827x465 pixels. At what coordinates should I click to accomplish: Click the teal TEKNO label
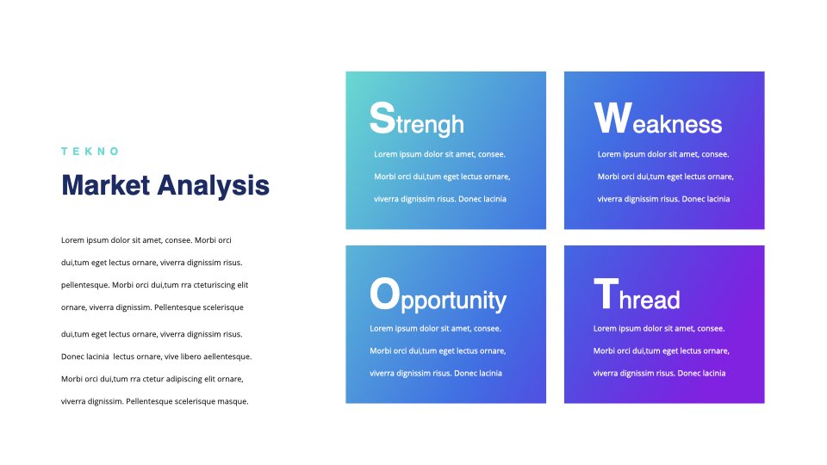[x=90, y=152]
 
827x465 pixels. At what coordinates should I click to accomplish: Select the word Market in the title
[x=105, y=185]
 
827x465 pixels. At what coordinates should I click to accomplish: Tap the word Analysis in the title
[x=213, y=186]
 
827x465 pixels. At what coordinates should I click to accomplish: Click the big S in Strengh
[x=382, y=118]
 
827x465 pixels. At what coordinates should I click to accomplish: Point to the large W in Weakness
[x=612, y=118]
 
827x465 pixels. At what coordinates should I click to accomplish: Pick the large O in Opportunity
[x=384, y=294]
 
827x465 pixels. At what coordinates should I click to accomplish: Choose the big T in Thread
[x=606, y=294]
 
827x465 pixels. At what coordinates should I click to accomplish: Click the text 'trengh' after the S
[x=430, y=125]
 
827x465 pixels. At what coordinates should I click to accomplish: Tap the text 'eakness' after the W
[x=677, y=124]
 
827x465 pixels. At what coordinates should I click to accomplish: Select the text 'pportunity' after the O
[x=454, y=301]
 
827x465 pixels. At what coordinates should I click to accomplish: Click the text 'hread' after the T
[x=650, y=300]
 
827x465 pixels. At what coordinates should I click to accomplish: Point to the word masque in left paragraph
[x=233, y=402]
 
